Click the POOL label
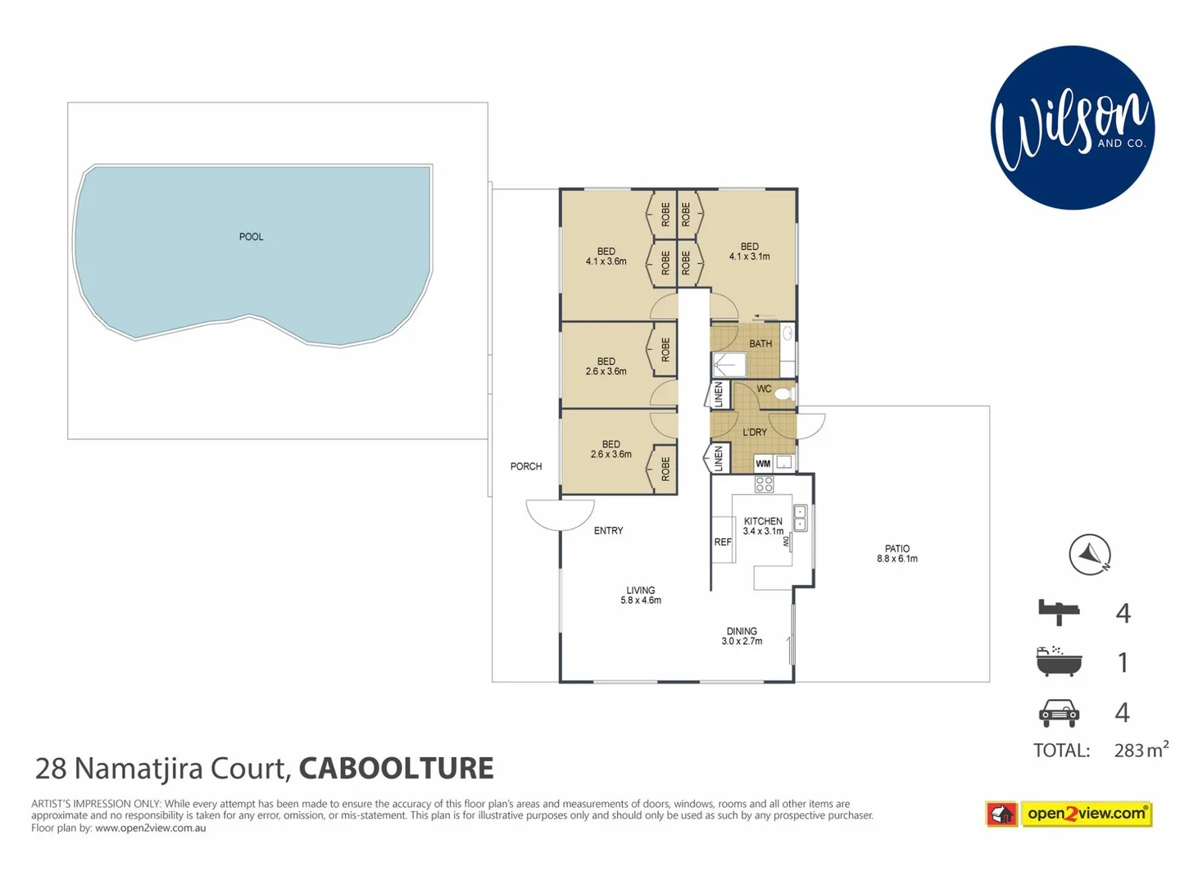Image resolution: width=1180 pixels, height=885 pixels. (251, 237)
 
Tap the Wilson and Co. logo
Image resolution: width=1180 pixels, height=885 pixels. (1072, 128)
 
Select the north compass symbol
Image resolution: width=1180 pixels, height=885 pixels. (1090, 555)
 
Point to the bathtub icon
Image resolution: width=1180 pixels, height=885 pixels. (1059, 661)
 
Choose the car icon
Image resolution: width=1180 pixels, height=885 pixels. (1059, 712)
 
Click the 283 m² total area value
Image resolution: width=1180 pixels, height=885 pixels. (1141, 750)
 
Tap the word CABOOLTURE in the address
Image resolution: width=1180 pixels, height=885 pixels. (396, 769)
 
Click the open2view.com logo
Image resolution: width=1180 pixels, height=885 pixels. (1069, 814)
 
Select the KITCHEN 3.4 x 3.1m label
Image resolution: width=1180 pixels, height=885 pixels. (763, 526)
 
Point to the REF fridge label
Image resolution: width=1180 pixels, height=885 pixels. (723, 542)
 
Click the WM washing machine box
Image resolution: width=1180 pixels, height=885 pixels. (763, 464)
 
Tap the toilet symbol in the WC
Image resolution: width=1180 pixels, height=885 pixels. (783, 394)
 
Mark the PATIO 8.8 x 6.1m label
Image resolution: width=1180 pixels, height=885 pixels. (897, 554)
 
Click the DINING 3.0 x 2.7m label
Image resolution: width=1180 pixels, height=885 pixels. (742, 636)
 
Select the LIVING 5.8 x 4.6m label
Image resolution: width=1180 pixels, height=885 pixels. (641, 595)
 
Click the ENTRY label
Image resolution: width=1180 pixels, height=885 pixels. (608, 531)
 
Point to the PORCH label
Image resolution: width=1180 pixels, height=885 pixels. (526, 466)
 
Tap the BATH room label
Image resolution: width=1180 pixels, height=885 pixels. (760, 344)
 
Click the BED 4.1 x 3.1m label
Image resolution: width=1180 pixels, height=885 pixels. (750, 252)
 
